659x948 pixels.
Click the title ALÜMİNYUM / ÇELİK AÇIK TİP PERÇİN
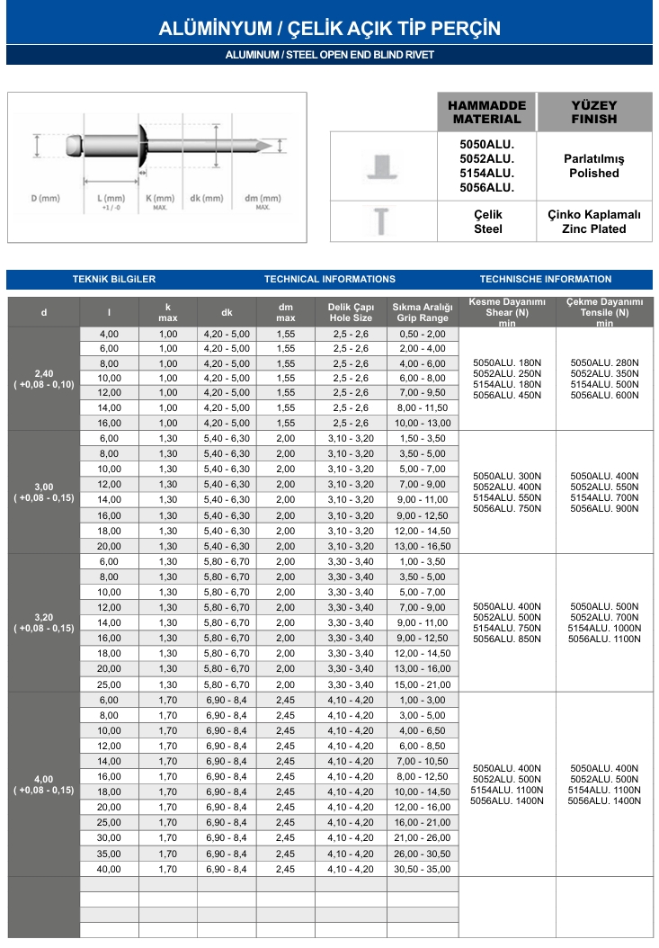coord(329,29)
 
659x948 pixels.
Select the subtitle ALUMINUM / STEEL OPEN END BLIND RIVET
coord(329,55)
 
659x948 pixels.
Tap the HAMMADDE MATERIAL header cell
coord(486,112)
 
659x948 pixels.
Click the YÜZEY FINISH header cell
coord(593,112)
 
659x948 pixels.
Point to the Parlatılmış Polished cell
coord(593,165)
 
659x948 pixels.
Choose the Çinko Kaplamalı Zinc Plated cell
coord(593,221)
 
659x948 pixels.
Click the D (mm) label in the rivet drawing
coord(45,198)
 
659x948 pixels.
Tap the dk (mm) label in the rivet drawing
coord(207,198)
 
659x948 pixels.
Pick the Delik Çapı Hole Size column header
coord(351,312)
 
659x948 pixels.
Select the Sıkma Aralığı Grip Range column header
coord(422,312)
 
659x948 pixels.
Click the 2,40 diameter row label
coord(43,373)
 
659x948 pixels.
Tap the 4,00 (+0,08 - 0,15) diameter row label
coord(43,784)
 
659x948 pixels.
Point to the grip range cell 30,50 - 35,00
coord(422,869)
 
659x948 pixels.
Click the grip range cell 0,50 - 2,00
coord(422,333)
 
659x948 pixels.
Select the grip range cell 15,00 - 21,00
coord(422,684)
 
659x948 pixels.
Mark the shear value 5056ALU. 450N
coord(507,395)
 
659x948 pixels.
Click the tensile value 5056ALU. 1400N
coord(604,800)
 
